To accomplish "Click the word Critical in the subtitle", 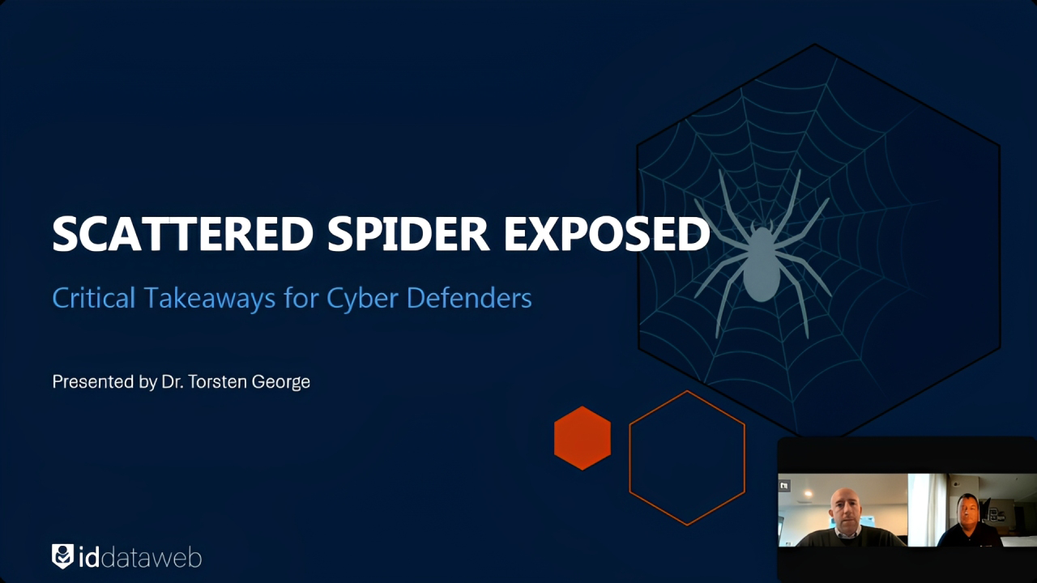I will pyautogui.click(x=93, y=298).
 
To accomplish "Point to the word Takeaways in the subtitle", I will pyautogui.click(x=209, y=298).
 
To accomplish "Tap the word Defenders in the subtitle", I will pyautogui.click(x=469, y=298).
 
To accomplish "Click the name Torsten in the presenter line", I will pyautogui.click(x=220, y=381).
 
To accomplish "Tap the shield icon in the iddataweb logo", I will pyautogui.click(x=62, y=555).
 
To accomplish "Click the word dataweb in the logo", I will pyautogui.click(x=150, y=557).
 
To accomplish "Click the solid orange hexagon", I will pyautogui.click(x=583, y=437).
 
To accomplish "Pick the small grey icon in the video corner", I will pyautogui.click(x=784, y=486).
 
